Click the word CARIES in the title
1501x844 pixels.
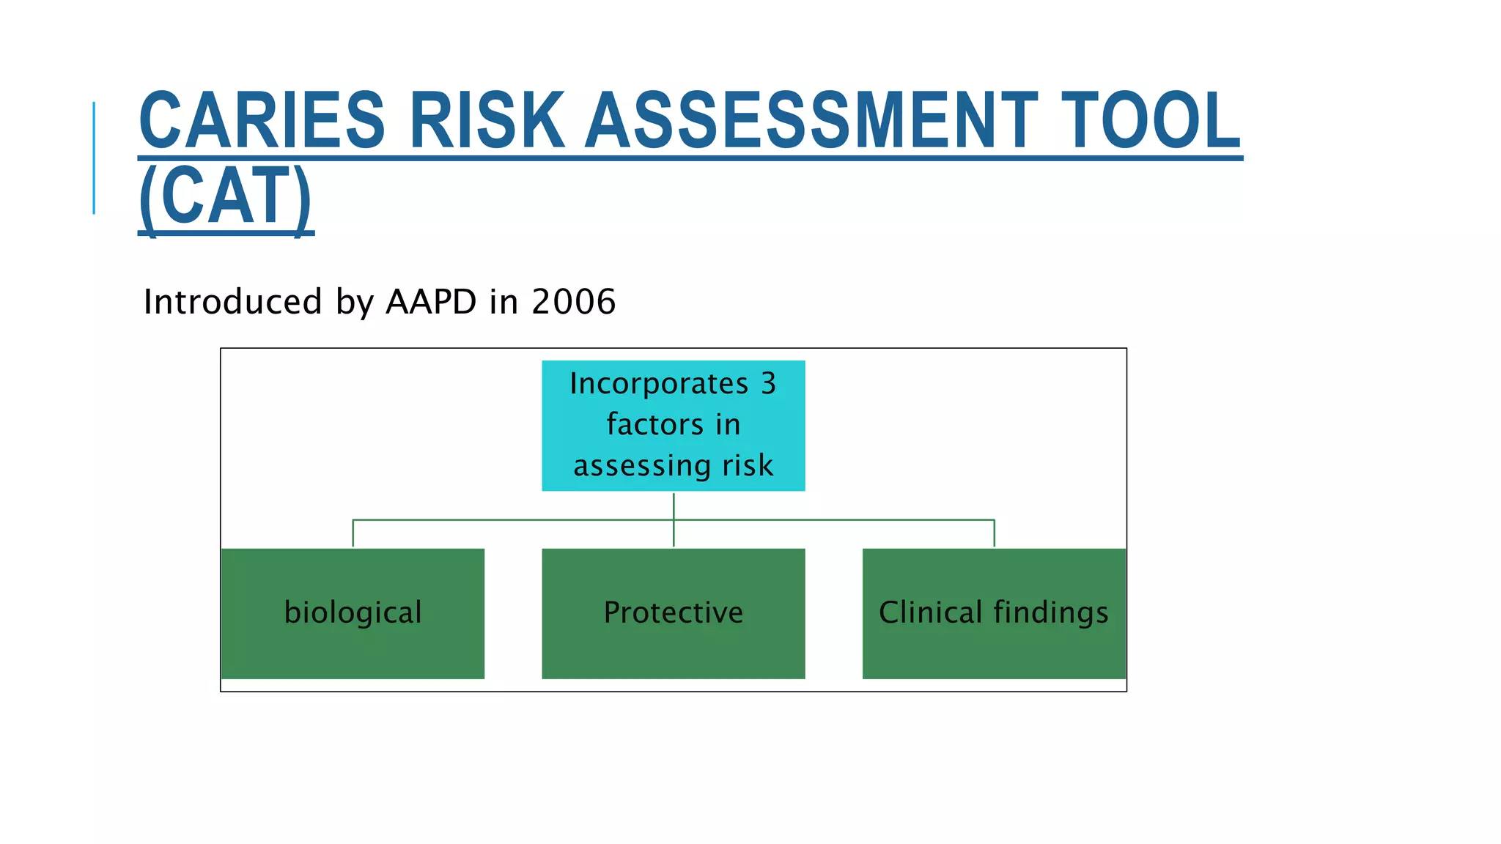pyautogui.click(x=262, y=121)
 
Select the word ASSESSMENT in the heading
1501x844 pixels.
pyautogui.click(x=811, y=121)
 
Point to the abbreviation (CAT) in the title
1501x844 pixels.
pyautogui.click(x=225, y=196)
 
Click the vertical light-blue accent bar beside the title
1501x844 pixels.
pyautogui.click(x=94, y=158)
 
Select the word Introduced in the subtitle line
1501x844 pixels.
pyautogui.click(x=232, y=302)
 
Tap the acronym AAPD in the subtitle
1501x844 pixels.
pyautogui.click(x=431, y=302)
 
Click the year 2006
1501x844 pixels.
pyautogui.click(x=573, y=302)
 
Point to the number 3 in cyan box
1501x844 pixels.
pyautogui.click(x=768, y=384)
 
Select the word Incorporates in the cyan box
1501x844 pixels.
pyautogui.click(x=658, y=384)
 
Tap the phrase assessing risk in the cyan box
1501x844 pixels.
pyautogui.click(x=673, y=466)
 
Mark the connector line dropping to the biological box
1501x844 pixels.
pyautogui.click(x=353, y=533)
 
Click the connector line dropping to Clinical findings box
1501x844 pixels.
pyautogui.click(x=994, y=533)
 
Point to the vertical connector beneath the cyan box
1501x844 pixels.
pyautogui.click(x=674, y=506)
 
